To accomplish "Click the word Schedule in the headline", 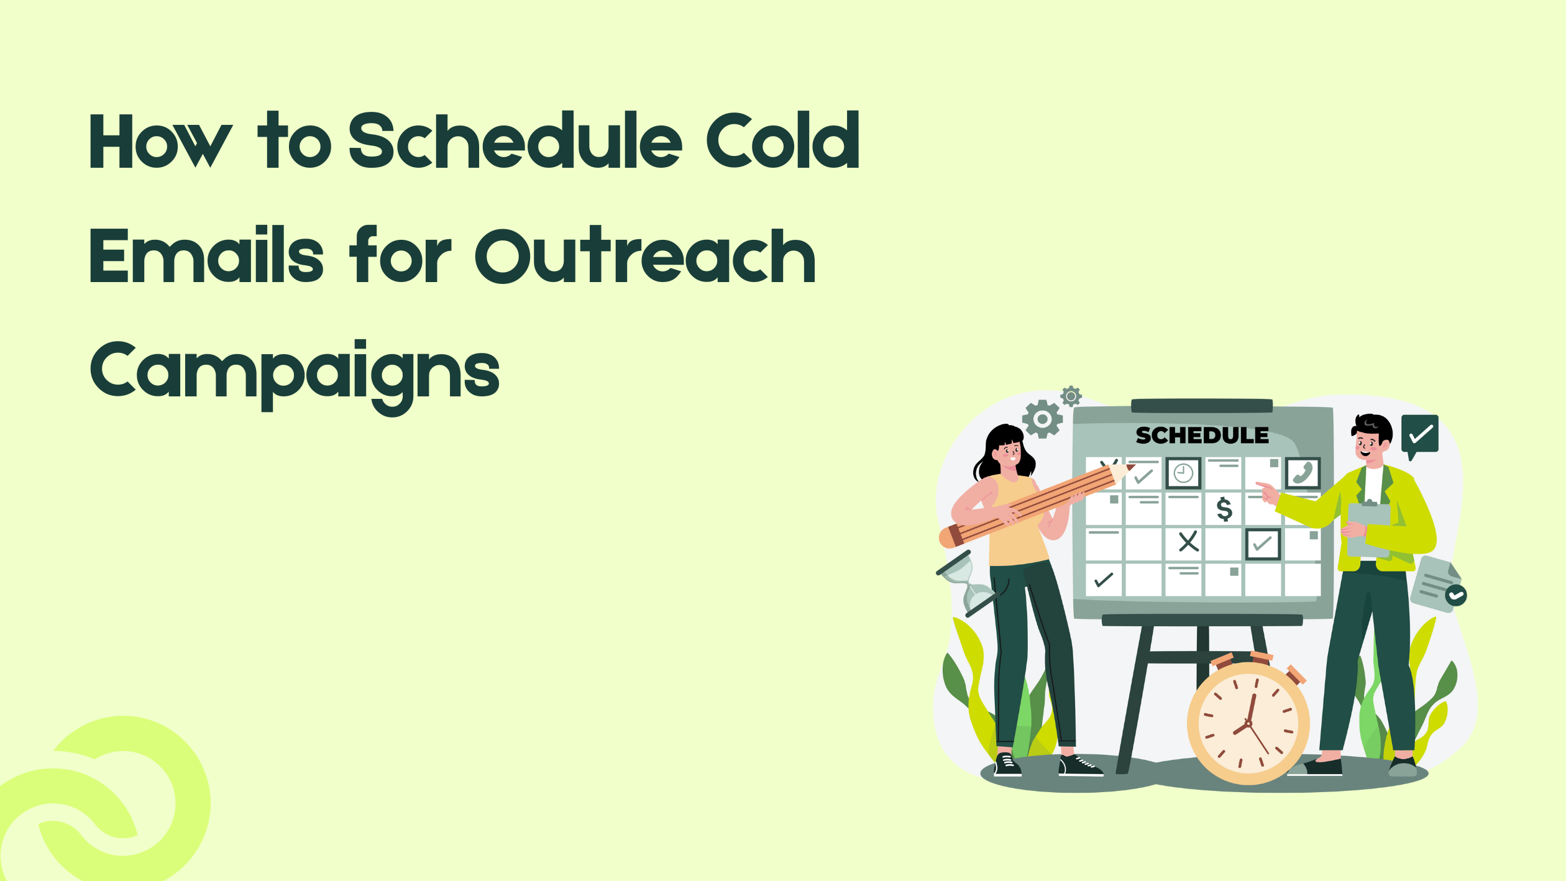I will (515, 141).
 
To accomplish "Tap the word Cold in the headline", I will (782, 141).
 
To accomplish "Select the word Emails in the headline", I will (206, 255).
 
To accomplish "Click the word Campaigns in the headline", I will (295, 372).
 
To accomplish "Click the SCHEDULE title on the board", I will (1202, 436).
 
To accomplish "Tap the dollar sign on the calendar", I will (1224, 509).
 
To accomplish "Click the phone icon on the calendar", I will (1303, 473).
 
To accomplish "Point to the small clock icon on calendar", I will (1183, 473).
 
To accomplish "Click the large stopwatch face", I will (1248, 724).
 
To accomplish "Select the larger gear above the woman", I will (1042, 419).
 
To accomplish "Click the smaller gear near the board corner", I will (1071, 396).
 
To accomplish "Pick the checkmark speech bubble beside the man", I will (1420, 434).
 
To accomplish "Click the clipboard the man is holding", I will (1368, 528).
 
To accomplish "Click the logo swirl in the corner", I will (106, 801).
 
